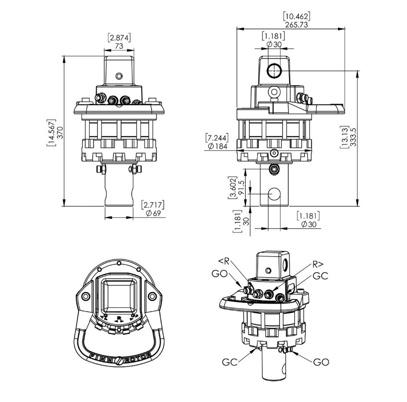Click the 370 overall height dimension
(x=60, y=132)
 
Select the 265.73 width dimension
(x=296, y=25)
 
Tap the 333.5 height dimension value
(x=353, y=137)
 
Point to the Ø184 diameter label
(x=218, y=146)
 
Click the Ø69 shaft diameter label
(x=153, y=214)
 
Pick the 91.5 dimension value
(x=241, y=187)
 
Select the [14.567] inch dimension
(x=51, y=133)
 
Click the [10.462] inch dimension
(x=296, y=16)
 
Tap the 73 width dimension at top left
(x=119, y=46)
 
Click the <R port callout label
(x=224, y=261)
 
